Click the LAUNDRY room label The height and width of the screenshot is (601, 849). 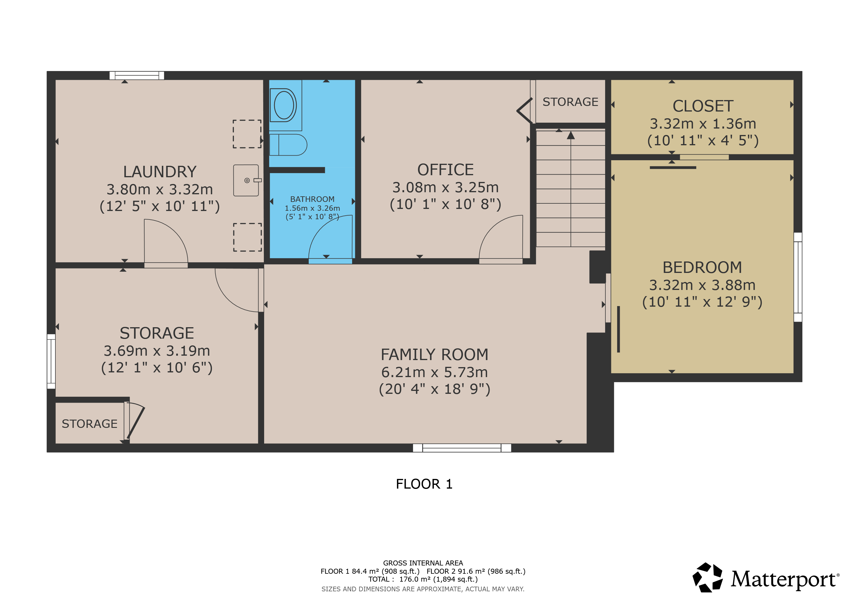click(x=160, y=172)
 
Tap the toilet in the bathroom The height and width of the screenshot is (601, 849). click(x=288, y=145)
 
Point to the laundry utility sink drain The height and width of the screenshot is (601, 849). click(x=247, y=180)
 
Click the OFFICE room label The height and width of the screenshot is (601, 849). click(x=446, y=170)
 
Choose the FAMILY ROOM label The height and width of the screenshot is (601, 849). click(x=434, y=354)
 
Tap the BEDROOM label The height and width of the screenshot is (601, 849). click(x=702, y=267)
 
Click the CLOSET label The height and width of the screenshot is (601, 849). click(x=703, y=106)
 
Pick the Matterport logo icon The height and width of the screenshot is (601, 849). click(x=708, y=577)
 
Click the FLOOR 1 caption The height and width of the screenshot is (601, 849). click(x=424, y=484)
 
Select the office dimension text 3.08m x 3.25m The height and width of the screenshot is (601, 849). click(x=446, y=187)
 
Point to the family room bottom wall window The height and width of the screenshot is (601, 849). click(x=462, y=448)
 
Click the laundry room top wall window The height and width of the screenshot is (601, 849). click(x=137, y=75)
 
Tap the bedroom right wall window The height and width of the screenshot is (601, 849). click(x=798, y=277)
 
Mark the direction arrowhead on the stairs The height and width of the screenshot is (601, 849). click(x=571, y=136)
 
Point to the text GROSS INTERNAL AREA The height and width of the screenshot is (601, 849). click(x=423, y=563)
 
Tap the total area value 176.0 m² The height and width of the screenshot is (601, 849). click(x=415, y=579)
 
